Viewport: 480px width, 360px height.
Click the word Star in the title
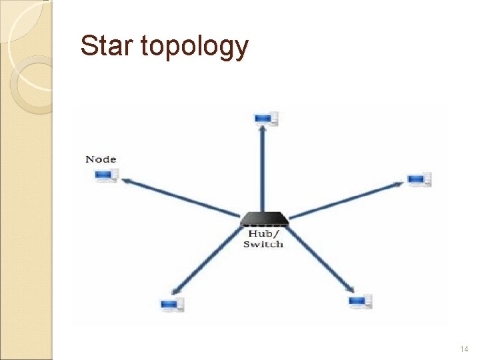(105, 46)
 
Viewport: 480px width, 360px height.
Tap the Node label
(101, 159)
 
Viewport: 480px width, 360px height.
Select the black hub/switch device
(264, 219)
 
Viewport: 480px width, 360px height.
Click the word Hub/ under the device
(263, 233)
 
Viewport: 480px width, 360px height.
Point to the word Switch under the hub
(263, 244)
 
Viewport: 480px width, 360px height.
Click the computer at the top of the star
(265, 119)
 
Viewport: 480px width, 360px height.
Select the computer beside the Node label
(106, 175)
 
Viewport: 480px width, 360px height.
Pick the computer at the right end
(419, 179)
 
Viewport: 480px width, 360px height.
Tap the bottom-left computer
(172, 305)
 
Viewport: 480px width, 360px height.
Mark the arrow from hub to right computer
(347, 199)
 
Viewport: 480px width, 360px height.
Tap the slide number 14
(464, 349)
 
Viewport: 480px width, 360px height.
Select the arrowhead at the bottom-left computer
(176, 291)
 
